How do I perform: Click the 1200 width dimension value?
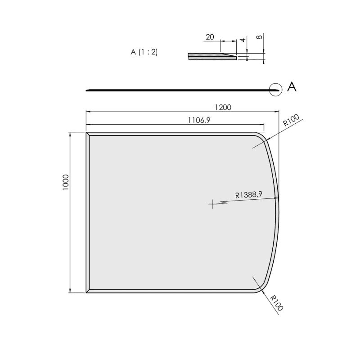223,108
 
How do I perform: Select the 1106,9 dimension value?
199,120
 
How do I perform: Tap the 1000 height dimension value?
66,182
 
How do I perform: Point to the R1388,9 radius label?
249,195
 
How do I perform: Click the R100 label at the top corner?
291,120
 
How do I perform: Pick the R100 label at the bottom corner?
276,303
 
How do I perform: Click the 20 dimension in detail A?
210,37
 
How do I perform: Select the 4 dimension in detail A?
243,40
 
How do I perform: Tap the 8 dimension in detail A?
259,37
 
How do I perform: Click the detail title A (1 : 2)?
144,52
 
